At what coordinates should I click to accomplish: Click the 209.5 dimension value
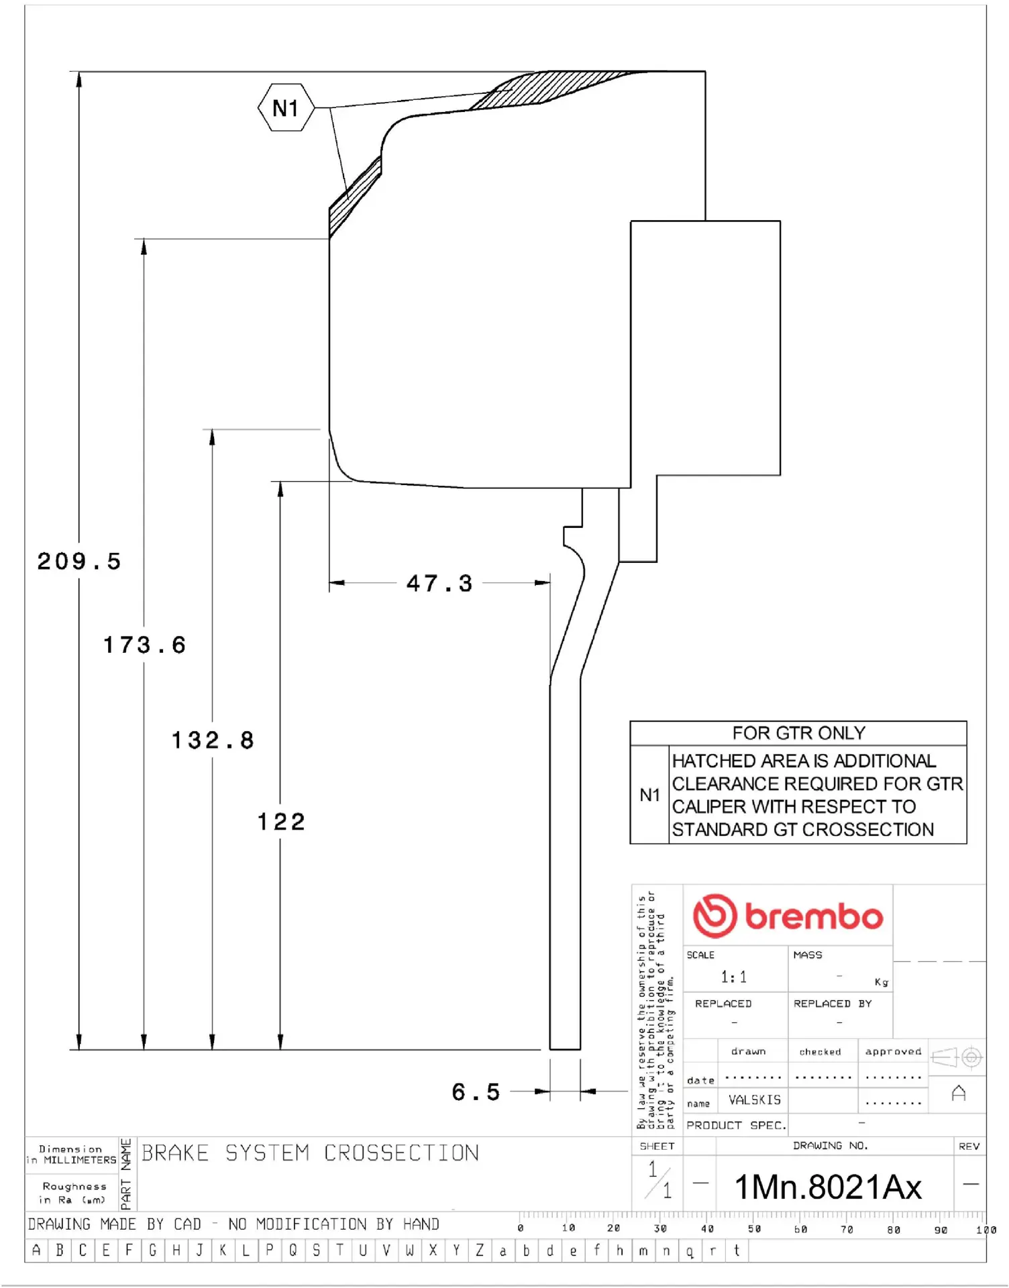coord(79,561)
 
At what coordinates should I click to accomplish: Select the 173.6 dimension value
coord(144,645)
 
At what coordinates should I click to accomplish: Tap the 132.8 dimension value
coord(213,740)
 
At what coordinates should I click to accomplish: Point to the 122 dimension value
coord(281,821)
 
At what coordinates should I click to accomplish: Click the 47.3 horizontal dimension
coord(439,583)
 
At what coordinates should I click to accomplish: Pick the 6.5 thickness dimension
coord(476,1091)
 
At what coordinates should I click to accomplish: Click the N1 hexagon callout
coord(286,107)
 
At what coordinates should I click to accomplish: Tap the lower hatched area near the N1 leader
coord(352,198)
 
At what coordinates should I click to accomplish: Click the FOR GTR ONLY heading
coord(798,733)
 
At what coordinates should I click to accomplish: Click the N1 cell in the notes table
coord(649,795)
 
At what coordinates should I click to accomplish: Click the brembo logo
coord(788,916)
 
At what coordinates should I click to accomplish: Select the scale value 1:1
coord(733,977)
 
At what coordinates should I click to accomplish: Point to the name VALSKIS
coord(755,1100)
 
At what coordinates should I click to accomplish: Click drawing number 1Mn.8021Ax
coord(828,1187)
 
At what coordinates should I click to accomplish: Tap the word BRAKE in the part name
coord(175,1153)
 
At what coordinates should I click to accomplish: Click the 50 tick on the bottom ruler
coord(754,1229)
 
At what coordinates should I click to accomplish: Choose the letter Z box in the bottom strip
coord(480,1250)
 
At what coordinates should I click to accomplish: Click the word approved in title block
coord(893,1051)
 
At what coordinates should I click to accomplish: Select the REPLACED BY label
coord(832,1004)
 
